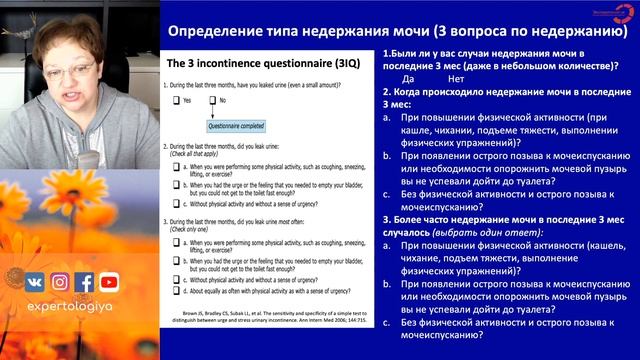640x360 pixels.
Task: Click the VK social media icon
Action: pos(35,282)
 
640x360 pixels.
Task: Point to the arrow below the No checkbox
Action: pos(212,114)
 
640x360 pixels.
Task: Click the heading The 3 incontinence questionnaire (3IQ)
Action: pos(264,63)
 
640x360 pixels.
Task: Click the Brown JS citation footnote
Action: pos(264,320)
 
